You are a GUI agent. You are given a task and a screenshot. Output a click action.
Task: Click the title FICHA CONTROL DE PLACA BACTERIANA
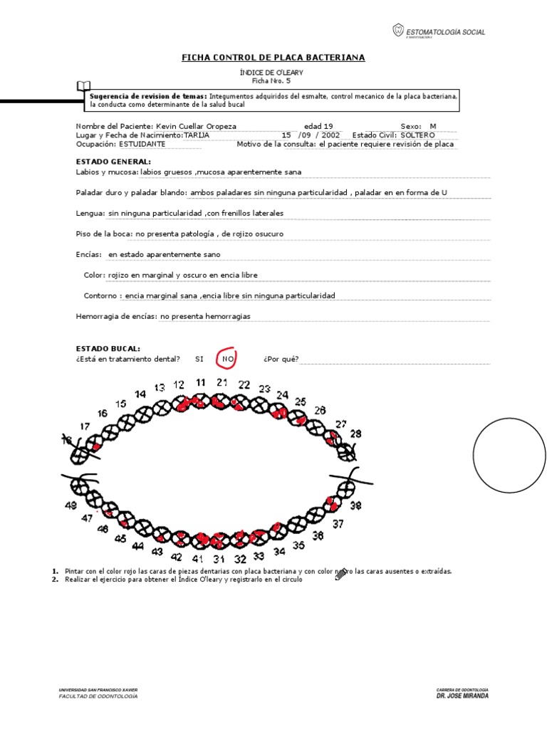tap(273, 57)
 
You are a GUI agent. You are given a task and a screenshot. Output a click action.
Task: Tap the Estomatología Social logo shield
tap(397, 31)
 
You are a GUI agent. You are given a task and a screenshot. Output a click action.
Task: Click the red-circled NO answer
tap(228, 360)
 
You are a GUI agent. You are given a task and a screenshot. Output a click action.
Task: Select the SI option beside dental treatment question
tap(199, 360)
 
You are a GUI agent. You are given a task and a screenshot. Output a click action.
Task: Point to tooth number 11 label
tap(200, 382)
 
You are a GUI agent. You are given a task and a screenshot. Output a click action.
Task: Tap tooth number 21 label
tap(222, 382)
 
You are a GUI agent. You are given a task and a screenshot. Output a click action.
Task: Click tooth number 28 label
tap(355, 433)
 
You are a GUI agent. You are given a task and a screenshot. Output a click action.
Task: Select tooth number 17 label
tap(85, 426)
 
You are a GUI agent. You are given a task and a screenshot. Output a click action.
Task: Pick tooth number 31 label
tap(219, 560)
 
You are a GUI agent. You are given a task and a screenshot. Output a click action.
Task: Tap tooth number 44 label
tap(137, 547)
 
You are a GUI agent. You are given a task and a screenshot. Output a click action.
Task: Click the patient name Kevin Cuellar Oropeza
tap(196, 126)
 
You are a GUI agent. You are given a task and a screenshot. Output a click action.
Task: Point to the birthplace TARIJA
tap(196, 135)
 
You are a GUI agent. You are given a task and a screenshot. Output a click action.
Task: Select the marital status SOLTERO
tap(417, 135)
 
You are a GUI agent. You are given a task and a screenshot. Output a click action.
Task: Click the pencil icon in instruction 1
tap(341, 573)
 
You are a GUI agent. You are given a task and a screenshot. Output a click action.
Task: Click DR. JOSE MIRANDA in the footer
tap(462, 696)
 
